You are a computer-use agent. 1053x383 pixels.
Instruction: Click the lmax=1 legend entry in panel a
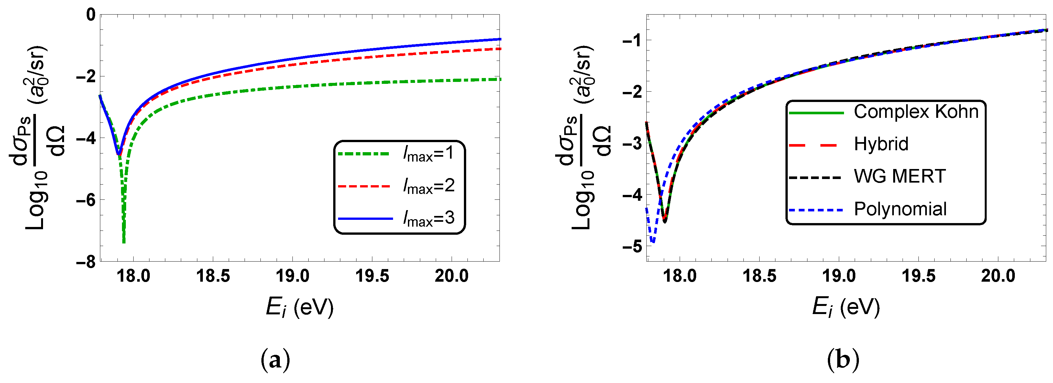pos(428,154)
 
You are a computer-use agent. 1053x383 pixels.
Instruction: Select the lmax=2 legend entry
pos(428,186)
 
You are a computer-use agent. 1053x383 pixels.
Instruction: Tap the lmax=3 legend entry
pos(428,219)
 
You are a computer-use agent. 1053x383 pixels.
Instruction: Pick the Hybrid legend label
pos(881,144)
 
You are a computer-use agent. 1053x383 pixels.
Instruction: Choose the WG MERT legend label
pos(900,176)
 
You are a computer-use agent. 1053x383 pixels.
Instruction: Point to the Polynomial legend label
pos(900,209)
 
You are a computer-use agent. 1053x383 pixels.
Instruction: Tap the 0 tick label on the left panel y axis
pos(91,15)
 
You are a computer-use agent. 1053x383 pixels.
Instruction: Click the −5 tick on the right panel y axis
pos(632,247)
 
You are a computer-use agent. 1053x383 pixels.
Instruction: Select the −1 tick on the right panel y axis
pos(632,40)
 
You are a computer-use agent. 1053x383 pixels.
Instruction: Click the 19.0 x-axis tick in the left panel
pos(292,276)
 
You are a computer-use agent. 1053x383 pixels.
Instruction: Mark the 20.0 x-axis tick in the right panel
pos(998,276)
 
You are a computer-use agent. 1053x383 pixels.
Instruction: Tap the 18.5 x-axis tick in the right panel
pos(759,276)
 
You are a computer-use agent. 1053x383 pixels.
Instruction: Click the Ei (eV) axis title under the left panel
pos(300,307)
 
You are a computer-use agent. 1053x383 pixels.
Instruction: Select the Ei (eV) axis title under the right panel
pos(846,307)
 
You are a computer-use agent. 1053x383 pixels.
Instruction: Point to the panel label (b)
pos(843,360)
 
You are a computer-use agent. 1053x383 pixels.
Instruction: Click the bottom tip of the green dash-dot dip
pos(124,242)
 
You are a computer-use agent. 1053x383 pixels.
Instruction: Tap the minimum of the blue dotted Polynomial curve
pos(653,242)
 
